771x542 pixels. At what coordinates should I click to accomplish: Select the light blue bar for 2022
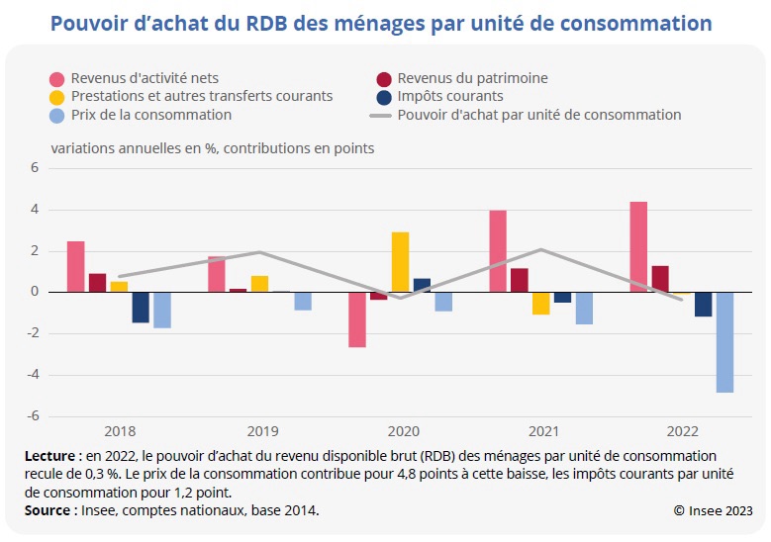tap(725, 342)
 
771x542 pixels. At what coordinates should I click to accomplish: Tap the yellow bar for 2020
tap(400, 262)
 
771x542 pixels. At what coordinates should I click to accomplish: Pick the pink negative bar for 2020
tap(356, 319)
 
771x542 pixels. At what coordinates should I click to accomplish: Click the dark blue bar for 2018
tap(141, 308)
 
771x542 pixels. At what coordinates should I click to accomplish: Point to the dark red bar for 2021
tap(520, 280)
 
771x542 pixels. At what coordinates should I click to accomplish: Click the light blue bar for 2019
tap(303, 301)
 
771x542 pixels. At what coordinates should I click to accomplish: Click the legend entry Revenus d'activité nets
tap(145, 78)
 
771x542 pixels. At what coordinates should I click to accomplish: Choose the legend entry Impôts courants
tap(450, 96)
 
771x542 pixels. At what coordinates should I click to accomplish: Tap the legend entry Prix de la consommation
tap(151, 115)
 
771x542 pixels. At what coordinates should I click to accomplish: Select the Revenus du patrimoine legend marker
tap(384, 78)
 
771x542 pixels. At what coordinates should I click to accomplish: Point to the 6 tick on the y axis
tap(34, 168)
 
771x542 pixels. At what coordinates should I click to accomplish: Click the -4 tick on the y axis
tap(32, 375)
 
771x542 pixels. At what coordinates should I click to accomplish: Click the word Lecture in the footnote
tap(51, 456)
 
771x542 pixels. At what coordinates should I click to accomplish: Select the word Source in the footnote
tap(49, 510)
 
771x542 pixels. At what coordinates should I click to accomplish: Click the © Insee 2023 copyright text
tap(713, 510)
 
